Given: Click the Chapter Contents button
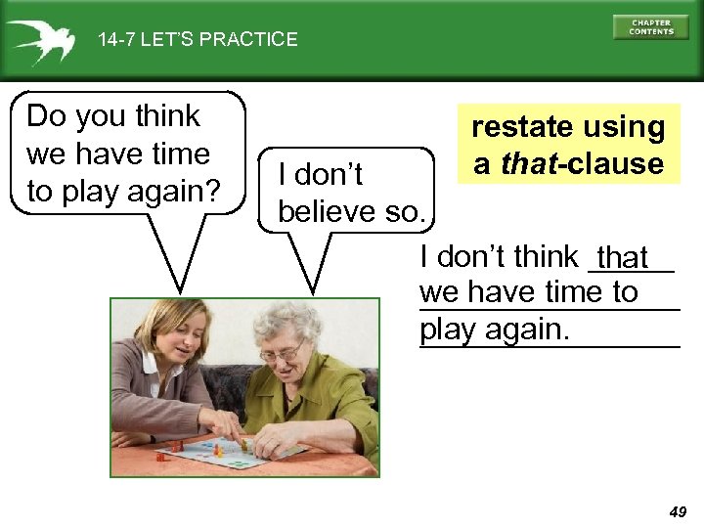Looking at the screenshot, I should coord(650,26).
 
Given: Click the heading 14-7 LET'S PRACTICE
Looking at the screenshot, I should coord(198,40).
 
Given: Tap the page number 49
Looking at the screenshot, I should coord(678,510).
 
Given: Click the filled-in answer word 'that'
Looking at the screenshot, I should coord(623,258).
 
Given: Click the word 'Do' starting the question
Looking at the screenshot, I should coord(45,116).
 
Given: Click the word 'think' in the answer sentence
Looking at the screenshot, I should coord(546,257).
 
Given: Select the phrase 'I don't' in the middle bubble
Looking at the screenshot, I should coord(321,174).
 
